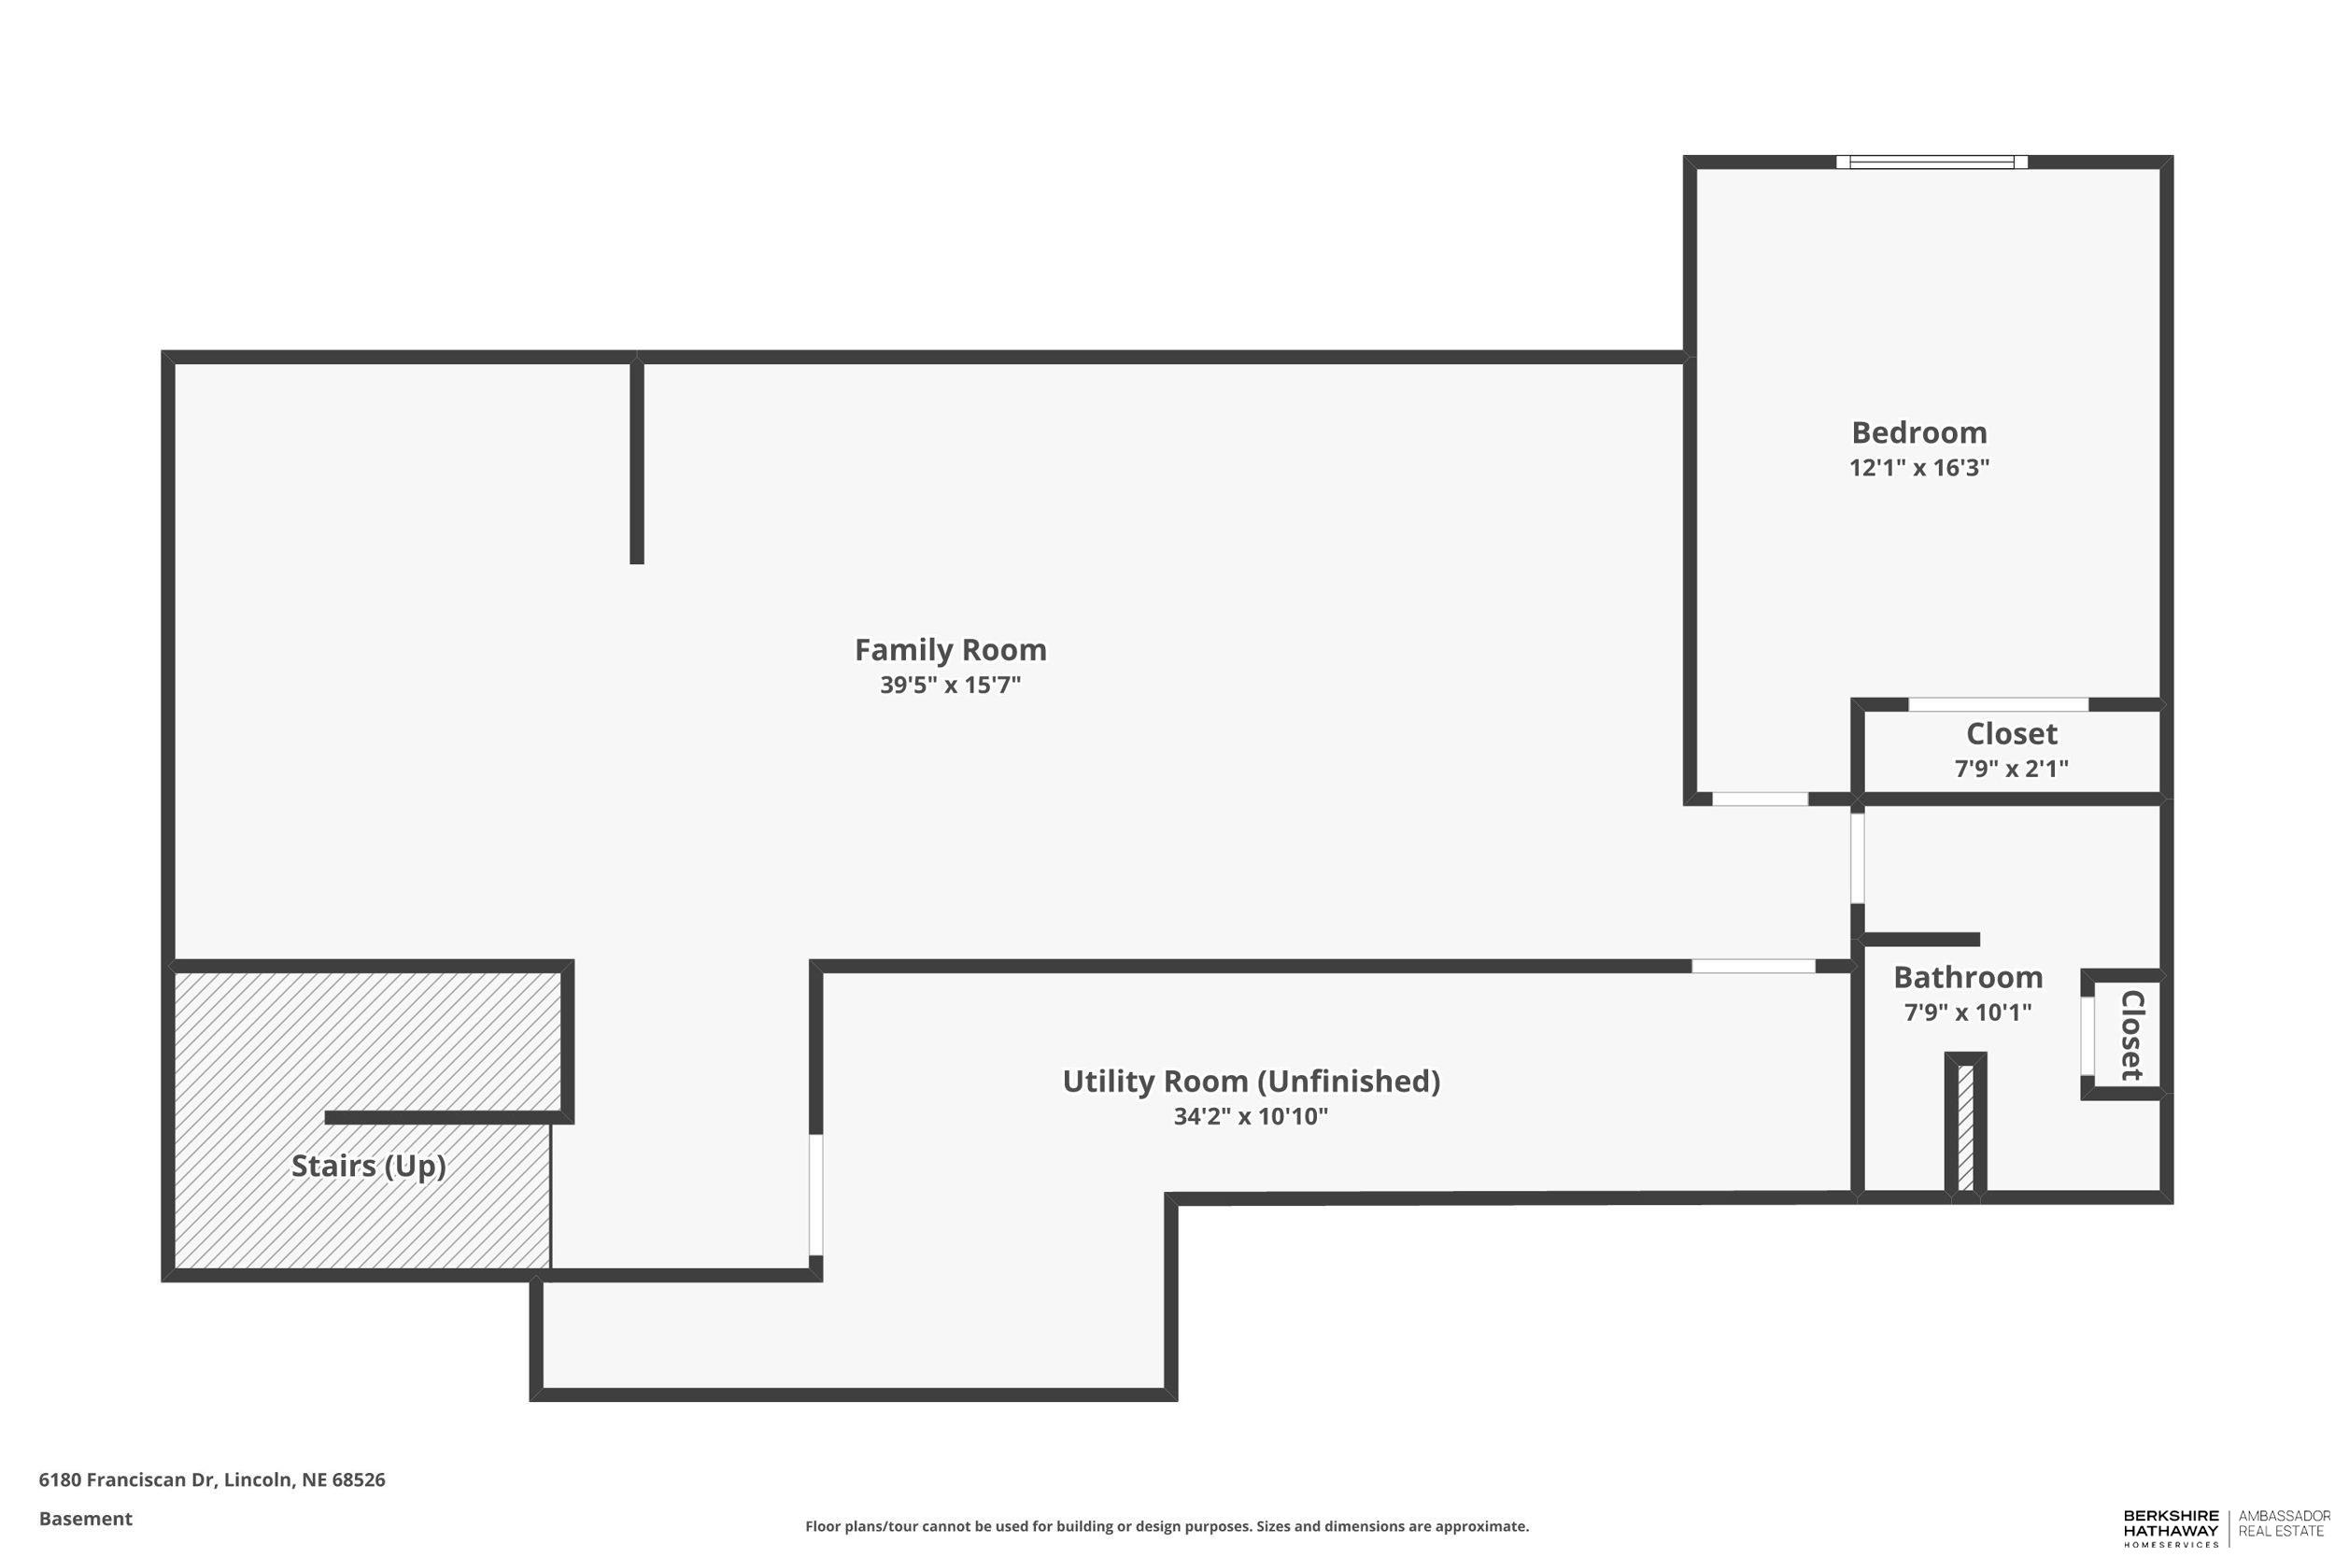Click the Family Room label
(950, 649)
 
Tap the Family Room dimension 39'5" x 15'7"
(950, 686)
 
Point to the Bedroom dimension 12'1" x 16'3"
(1919, 468)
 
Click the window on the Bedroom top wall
(1931, 162)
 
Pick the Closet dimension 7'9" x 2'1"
(2011, 769)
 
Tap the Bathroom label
(1968, 977)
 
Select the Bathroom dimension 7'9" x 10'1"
(1968, 1012)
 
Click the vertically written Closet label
(2130, 1035)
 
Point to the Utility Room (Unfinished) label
(1251, 1081)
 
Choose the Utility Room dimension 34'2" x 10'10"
(1251, 1116)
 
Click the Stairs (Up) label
(368, 1166)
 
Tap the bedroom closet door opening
(1998, 705)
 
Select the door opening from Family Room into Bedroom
(1761, 799)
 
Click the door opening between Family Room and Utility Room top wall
(1753, 966)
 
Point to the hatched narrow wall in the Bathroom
(1965, 1128)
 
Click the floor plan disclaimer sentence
(1167, 1526)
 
